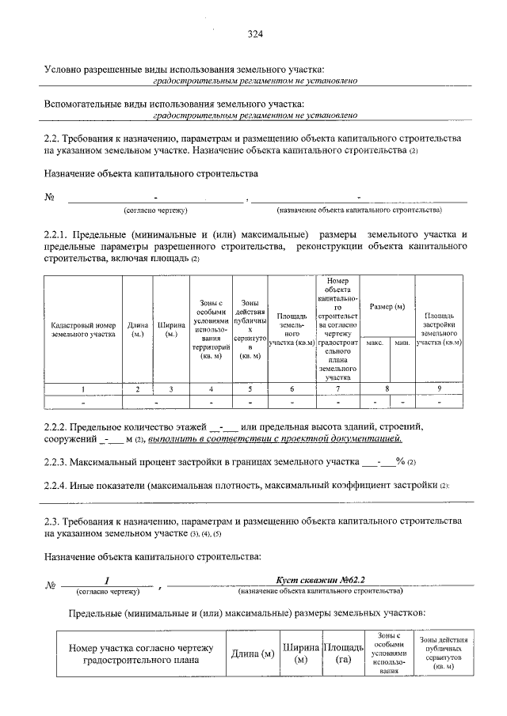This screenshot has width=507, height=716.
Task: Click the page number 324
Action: coord(254,34)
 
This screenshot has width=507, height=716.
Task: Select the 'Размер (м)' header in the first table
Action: coord(387,306)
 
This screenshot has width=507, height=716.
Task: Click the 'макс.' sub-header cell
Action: coord(375,342)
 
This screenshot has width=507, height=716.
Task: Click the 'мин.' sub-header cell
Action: coord(402,342)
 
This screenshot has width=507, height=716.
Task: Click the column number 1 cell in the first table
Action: coord(84,389)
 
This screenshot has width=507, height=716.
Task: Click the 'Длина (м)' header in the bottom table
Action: coord(252,653)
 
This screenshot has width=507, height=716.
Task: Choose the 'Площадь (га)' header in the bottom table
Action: coord(343,653)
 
